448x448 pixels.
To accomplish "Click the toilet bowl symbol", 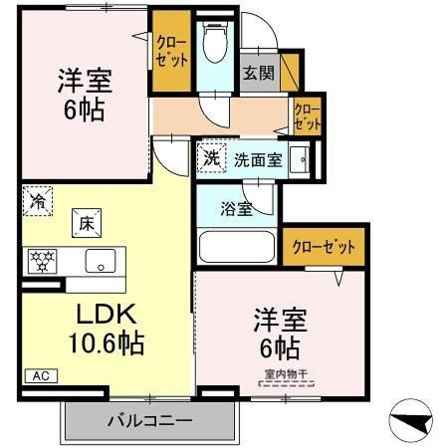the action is [215, 43].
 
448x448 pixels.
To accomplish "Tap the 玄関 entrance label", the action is [259, 73].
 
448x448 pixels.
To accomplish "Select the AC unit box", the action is [42, 376].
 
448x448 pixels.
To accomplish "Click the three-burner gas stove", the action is [42, 261].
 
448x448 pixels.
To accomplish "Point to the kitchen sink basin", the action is [101, 261].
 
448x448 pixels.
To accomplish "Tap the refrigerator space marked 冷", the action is [38, 201].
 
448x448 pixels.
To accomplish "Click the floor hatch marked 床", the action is [87, 223].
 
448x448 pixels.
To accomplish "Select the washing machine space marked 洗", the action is [211, 157].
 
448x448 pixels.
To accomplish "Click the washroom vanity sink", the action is [300, 159].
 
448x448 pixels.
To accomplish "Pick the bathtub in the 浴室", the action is [237, 247].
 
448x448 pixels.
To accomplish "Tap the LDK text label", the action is [107, 314].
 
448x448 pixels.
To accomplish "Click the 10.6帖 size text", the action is [107, 342].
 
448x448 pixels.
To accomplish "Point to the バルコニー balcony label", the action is [150, 421].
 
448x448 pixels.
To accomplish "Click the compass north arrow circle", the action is [410, 420].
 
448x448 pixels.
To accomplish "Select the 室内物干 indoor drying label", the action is [286, 374].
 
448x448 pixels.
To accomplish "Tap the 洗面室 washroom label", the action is [258, 160].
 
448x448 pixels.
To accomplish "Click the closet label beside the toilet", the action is [172, 52].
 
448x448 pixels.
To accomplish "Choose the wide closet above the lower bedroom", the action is [324, 247].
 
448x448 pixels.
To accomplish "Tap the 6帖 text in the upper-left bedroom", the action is [85, 110].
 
